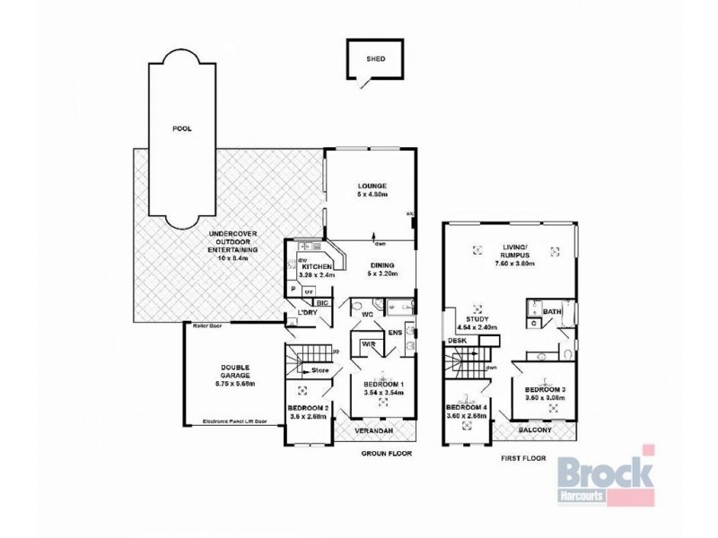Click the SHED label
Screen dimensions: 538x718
(x=376, y=61)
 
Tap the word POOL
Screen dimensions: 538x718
(x=183, y=129)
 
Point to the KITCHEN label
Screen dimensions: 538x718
(x=317, y=267)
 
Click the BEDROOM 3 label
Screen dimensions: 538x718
(x=547, y=390)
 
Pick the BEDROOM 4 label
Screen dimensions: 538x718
(x=467, y=407)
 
